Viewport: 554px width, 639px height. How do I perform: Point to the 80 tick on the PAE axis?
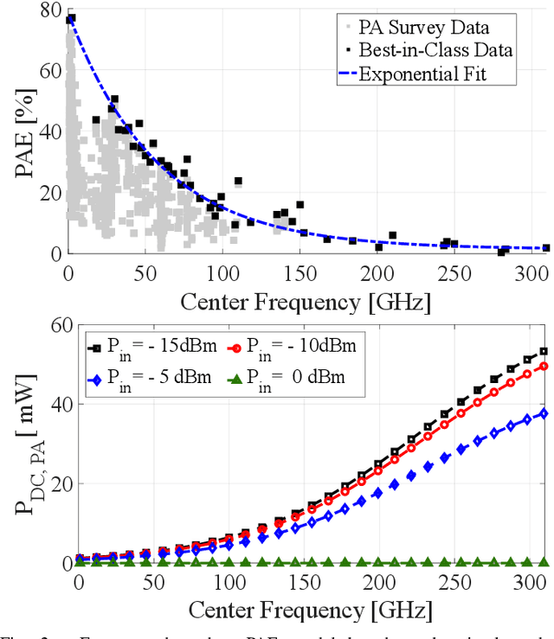pos(50,11)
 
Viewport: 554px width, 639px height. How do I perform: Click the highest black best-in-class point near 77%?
pos(71,18)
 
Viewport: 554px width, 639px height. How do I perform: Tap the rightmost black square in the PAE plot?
pos(545,248)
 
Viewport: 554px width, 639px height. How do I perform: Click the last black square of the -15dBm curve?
pos(544,351)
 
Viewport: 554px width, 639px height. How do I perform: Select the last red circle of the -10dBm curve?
pos(544,366)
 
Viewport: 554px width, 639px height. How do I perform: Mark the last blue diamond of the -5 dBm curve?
pos(544,413)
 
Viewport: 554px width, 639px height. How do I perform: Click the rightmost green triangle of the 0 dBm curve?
pos(544,562)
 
